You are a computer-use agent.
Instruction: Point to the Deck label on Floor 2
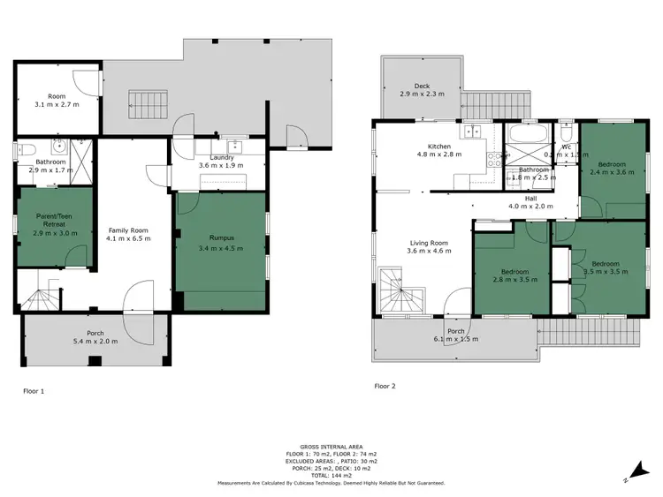pos(422,86)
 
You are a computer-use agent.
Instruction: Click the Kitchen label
pos(439,147)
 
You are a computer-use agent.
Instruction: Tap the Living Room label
pos(428,243)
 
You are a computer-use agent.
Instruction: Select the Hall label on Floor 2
pos(530,199)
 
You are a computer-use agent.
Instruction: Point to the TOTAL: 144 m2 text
pos(331,476)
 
